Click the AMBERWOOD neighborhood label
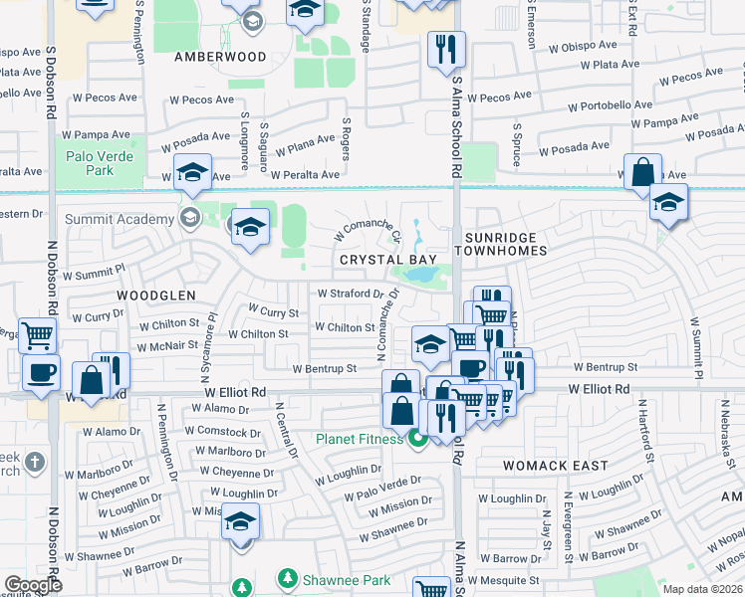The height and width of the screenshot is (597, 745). point(220,57)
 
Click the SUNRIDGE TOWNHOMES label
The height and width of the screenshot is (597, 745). point(506,244)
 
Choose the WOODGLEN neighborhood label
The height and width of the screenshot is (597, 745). point(151,296)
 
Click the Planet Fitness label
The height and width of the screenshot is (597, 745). point(360,439)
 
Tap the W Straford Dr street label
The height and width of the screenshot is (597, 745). point(350,294)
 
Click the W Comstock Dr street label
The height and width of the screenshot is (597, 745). point(222,432)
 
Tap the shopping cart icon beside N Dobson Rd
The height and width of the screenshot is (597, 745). point(38,334)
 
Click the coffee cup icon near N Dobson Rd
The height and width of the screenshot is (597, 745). point(41,372)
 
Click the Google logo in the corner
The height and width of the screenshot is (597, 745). point(33,585)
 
